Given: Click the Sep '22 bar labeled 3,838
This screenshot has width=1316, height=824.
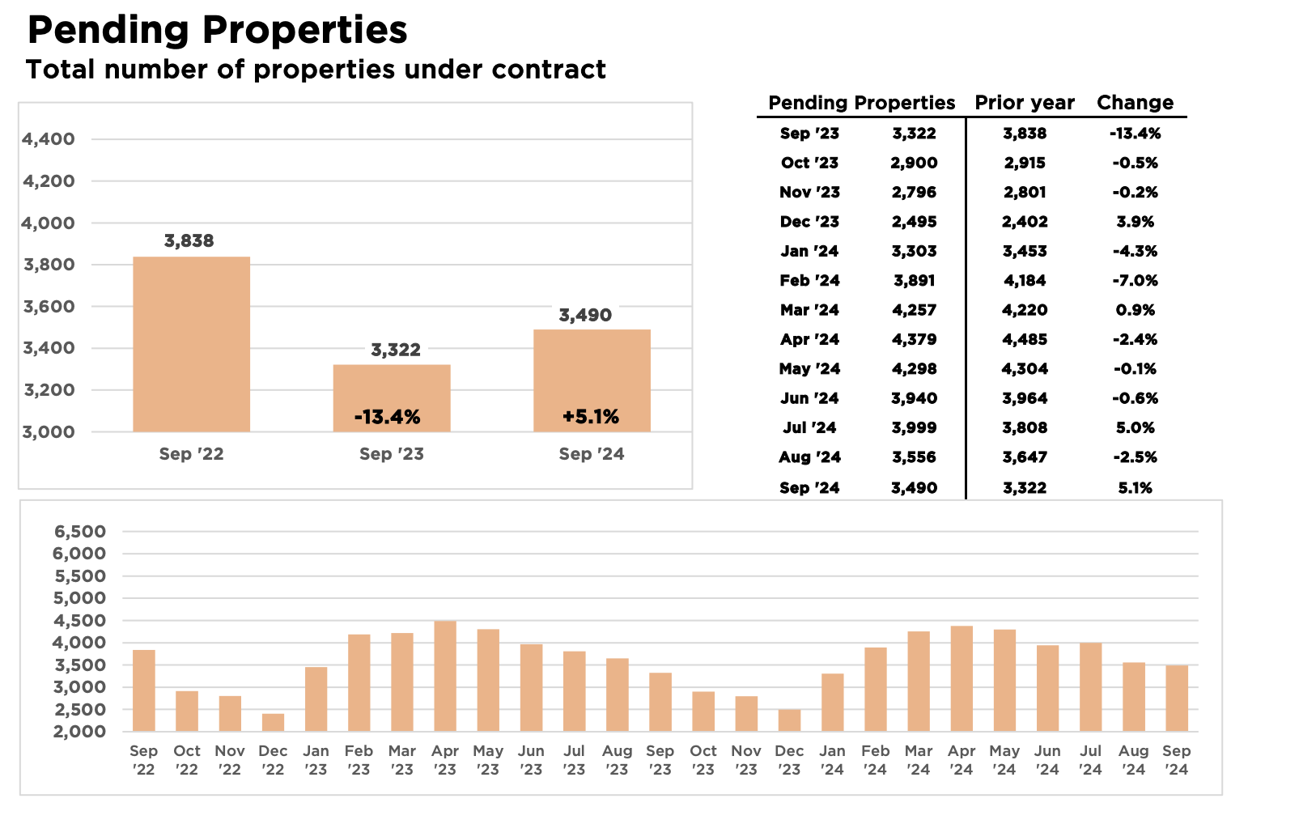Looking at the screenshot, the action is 192,344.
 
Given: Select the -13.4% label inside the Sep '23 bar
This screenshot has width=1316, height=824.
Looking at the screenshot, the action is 387,418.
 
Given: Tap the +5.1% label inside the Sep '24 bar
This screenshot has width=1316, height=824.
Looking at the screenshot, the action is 591,417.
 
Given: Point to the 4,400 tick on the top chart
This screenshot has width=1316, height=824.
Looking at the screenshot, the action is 49,139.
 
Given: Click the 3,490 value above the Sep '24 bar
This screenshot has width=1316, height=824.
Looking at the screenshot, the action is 585,316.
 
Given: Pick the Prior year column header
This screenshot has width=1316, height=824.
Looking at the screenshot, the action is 1025,103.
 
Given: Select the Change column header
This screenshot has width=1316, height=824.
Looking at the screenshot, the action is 1135,103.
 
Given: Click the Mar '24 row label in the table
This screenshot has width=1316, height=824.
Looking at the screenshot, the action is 809,310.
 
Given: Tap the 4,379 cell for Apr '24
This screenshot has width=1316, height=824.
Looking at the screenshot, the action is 914,339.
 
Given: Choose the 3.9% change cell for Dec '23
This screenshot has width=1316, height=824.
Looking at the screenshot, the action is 1135,222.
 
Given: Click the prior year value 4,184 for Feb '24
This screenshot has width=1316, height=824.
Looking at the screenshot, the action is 1025,280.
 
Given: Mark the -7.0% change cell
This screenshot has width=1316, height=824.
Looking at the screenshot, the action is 1135,280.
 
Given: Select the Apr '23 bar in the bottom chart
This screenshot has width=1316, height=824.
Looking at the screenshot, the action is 445,677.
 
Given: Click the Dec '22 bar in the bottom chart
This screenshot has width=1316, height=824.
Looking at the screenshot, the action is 274,723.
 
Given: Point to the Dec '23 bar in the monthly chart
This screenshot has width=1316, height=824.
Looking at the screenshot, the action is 790,720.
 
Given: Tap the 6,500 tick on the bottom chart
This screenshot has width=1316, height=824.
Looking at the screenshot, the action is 80,532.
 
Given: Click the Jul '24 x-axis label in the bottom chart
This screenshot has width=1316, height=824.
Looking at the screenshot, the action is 1090,760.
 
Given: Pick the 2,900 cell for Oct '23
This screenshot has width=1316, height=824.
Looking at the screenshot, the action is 914,163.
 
